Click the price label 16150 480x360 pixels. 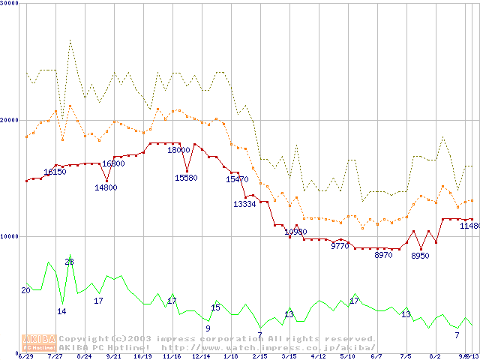coord(55,172)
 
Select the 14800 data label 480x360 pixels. coord(106,187)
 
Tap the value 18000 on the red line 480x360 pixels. coord(178,150)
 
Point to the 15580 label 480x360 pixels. coord(186,178)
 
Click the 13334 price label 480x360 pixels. coord(244,203)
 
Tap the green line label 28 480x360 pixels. coord(69,262)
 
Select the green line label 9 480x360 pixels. coord(208,328)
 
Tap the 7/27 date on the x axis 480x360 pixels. coord(55,356)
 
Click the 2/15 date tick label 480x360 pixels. coord(259,356)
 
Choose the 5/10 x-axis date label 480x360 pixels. coord(347,356)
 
